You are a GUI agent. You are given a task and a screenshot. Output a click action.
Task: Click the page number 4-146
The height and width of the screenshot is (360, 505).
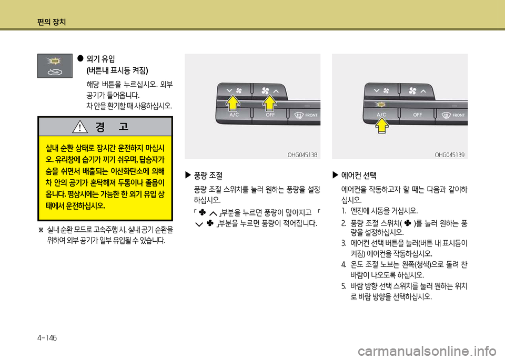pyautogui.click(x=47, y=338)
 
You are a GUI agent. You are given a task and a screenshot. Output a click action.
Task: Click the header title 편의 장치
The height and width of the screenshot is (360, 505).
pyautogui.click(x=52, y=22)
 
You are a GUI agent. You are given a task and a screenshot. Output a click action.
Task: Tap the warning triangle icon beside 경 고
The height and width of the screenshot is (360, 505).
pyautogui.click(x=80, y=127)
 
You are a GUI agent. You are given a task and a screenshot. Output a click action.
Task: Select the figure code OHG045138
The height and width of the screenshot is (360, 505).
pyautogui.click(x=302, y=155)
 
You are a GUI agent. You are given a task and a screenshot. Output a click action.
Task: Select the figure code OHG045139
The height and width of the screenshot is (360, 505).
pyautogui.click(x=450, y=155)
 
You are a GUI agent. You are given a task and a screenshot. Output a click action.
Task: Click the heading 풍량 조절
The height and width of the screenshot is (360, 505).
pyautogui.click(x=208, y=176)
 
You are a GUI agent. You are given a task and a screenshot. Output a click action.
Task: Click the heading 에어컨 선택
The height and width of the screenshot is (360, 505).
pyautogui.click(x=359, y=176)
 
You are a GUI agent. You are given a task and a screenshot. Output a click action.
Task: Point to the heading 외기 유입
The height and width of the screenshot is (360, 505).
pyautogui.click(x=100, y=59)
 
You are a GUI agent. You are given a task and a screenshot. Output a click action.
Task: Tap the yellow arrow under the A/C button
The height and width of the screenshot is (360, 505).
pyautogui.click(x=382, y=125)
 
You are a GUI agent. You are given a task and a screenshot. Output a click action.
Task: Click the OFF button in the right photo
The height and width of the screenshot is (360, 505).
pyautogui.click(x=417, y=115)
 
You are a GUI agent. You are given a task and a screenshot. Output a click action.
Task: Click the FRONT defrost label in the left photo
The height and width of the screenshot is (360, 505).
pyautogui.click(x=311, y=115)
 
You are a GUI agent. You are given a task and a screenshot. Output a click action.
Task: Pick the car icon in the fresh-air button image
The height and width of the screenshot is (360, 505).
pyautogui.click(x=55, y=72)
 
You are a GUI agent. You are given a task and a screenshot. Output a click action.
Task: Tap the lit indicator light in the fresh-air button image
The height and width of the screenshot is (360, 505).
pyautogui.click(x=54, y=61)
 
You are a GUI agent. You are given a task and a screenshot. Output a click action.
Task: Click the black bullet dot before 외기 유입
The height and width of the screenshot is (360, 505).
pyautogui.click(x=80, y=58)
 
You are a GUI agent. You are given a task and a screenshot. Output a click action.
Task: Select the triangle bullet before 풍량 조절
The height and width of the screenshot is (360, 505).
pyautogui.click(x=188, y=175)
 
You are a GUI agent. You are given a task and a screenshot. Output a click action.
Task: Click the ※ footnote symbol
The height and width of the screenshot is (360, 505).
pyautogui.click(x=41, y=230)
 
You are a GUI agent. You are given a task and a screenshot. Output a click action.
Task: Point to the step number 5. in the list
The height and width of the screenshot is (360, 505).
pyautogui.click(x=344, y=286)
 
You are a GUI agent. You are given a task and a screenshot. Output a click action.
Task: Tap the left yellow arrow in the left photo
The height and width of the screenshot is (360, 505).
pyautogui.click(x=233, y=104)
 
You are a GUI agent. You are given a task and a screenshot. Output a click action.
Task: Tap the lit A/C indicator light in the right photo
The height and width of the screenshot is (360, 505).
pyautogui.click(x=381, y=105)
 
